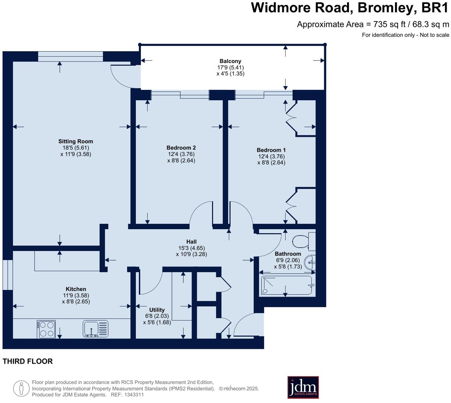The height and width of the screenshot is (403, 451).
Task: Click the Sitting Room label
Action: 76,141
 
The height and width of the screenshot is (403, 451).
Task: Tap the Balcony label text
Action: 230,61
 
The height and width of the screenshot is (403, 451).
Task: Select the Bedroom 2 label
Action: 181,148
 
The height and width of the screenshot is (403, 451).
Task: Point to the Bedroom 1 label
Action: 271,150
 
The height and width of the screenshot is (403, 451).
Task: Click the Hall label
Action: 192,242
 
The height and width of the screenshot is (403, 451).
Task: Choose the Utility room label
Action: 157,310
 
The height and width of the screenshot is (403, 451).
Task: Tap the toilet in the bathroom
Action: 304,241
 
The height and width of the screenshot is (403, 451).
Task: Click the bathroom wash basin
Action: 310,262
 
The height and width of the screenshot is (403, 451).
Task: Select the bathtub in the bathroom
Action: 287,285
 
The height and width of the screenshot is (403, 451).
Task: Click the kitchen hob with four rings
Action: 46,329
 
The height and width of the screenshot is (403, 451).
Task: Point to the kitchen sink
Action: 95,329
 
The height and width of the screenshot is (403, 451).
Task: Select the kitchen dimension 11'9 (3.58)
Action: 76,295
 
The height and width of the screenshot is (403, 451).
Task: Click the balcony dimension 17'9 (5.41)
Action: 230,67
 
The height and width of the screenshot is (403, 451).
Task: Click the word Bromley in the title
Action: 387,8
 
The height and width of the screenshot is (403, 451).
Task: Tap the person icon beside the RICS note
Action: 21,388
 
